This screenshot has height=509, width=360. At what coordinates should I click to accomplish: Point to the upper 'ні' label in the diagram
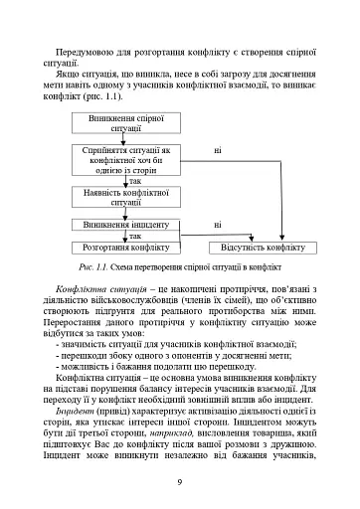[x=217, y=150]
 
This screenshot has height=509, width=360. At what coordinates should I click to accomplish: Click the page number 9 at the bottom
[x=178, y=482]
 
